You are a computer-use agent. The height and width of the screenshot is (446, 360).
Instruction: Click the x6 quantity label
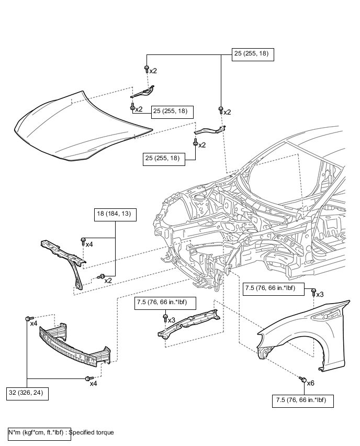(x=310, y=383)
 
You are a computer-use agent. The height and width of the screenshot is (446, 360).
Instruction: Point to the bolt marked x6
(x=302, y=379)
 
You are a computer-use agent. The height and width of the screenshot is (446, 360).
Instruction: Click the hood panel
(x=83, y=126)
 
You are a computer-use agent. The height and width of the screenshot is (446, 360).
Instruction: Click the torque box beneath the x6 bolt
(x=303, y=401)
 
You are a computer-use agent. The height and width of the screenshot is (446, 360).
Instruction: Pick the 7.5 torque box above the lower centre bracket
(x=165, y=303)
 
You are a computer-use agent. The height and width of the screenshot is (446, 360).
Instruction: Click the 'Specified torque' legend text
(x=91, y=432)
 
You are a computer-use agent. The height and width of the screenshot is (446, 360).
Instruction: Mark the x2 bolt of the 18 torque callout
(x=101, y=276)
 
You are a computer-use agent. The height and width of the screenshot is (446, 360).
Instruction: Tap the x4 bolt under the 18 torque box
(x=83, y=241)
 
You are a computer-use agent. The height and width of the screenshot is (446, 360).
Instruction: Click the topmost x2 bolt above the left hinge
(x=147, y=69)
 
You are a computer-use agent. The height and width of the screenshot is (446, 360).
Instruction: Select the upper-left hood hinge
(x=142, y=92)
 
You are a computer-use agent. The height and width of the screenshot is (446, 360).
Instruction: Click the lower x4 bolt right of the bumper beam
(x=89, y=378)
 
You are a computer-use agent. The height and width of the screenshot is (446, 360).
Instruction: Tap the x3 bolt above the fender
(x=313, y=292)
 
